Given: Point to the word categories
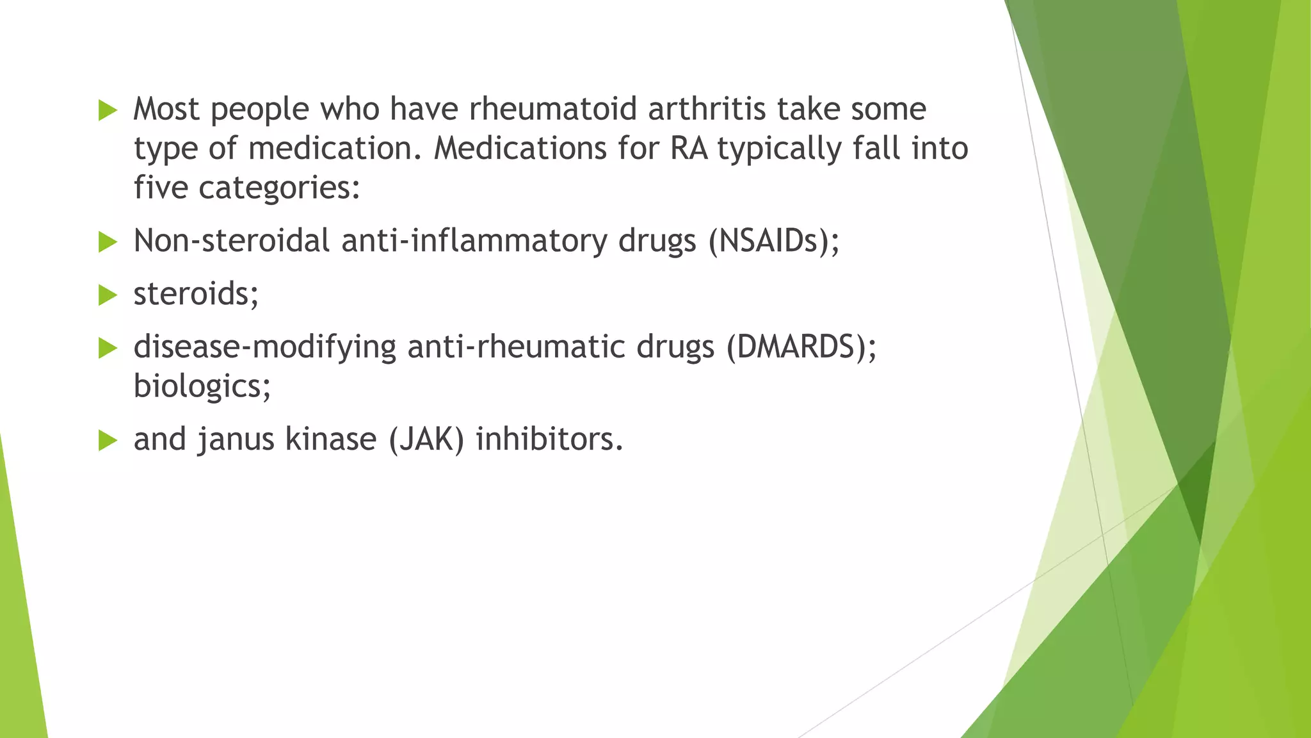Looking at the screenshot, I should [x=279, y=188].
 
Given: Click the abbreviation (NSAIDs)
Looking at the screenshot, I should [x=773, y=242].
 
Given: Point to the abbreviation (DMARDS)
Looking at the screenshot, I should [x=801, y=347].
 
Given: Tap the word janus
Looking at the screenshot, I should [x=237, y=439].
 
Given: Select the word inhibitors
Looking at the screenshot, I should [x=549, y=439].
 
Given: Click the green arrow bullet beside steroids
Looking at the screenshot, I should [x=108, y=295].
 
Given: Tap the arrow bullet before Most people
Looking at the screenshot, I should [x=108, y=110].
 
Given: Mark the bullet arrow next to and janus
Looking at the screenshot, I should [x=108, y=441].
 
